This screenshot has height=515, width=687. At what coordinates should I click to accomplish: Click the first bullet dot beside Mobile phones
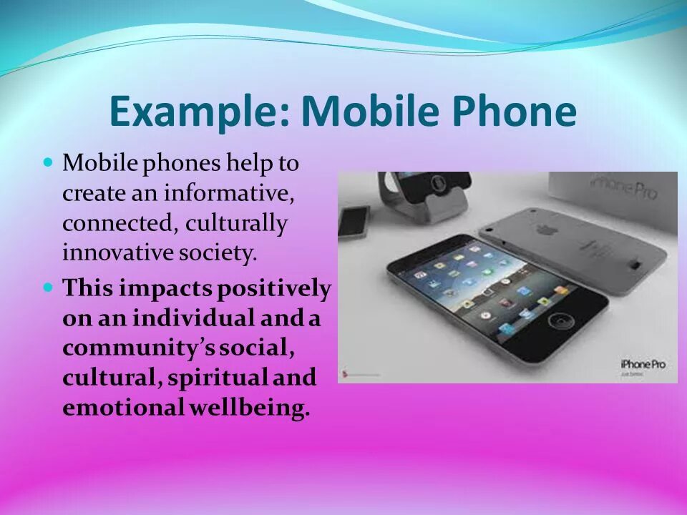pyautogui.click(x=49, y=162)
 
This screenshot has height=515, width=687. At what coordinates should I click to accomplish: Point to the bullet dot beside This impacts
pyautogui.click(x=49, y=288)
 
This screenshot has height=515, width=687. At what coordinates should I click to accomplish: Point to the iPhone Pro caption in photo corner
pyautogui.click(x=643, y=364)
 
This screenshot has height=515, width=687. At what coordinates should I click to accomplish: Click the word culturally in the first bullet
pyautogui.click(x=236, y=223)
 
